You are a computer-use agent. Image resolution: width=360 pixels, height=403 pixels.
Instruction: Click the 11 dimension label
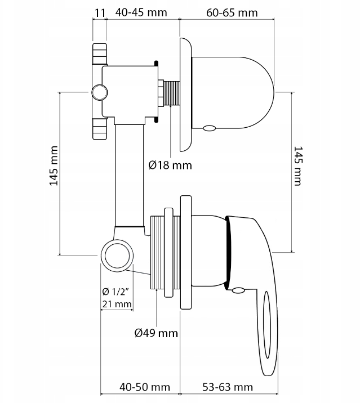pos(100,12)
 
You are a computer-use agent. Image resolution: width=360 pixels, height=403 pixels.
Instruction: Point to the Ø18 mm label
pos(170,165)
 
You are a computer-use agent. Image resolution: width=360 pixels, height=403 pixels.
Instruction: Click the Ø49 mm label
pos(156,333)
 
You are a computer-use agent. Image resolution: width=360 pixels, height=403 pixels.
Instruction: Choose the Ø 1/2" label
pos(116,292)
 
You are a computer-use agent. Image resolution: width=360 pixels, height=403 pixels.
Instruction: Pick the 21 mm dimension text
pos(116,305)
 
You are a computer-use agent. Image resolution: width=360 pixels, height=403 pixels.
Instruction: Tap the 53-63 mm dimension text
pos(227,387)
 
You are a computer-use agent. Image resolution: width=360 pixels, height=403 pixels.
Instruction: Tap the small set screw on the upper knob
pos(209,128)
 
